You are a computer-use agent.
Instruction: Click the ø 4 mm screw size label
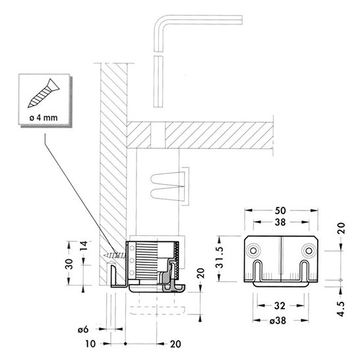point(44,118)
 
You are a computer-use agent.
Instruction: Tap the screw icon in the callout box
point(44,93)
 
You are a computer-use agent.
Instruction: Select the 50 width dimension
point(280,210)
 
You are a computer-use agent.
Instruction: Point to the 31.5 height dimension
point(220,257)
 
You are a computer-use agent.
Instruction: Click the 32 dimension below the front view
point(280,306)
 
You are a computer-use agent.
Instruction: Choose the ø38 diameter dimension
point(278,320)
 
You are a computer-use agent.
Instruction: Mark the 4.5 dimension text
point(342,309)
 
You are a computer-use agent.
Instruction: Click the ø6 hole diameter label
point(83,330)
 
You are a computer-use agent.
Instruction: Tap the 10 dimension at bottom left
point(90,344)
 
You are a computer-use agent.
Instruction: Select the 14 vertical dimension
point(84,246)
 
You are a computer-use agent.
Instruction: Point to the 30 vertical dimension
point(69,264)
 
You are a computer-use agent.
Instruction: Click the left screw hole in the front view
point(253,251)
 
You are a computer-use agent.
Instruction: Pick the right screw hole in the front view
point(309,251)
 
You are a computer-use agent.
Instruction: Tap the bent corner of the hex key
point(161,22)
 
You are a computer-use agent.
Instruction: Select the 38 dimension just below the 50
point(280,222)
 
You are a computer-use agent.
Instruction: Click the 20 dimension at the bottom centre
point(175,344)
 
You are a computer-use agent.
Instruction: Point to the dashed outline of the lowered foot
point(158,310)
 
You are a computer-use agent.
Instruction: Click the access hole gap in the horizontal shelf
point(158,135)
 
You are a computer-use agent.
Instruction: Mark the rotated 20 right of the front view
point(342,228)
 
